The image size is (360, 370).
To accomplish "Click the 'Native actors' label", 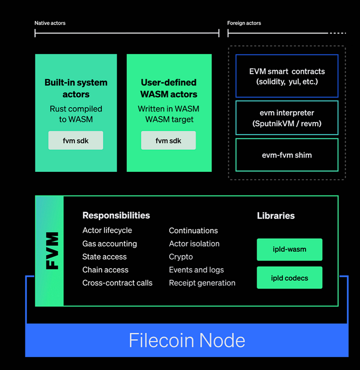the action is (50, 23).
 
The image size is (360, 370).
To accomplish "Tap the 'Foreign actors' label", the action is (244, 23).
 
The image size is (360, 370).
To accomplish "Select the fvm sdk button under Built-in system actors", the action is (76, 140).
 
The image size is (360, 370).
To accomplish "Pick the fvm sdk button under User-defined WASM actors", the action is (168, 140).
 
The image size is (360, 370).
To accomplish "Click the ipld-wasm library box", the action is (290, 250).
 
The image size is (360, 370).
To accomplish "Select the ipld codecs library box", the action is (290, 277).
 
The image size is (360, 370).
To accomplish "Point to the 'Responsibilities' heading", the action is (116, 215).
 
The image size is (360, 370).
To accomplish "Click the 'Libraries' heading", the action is (276, 216).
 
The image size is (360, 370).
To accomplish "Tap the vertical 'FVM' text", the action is (52, 251).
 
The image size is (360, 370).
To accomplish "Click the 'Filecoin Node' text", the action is (187, 340).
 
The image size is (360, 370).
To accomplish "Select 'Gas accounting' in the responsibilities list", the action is (110, 244).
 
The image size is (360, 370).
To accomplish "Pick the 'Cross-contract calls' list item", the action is (117, 283).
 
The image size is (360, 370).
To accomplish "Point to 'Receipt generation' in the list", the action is (202, 283).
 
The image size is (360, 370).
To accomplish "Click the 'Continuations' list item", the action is (193, 231).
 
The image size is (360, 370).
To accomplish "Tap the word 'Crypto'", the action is (181, 257).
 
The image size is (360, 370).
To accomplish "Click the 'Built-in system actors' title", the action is (76, 88).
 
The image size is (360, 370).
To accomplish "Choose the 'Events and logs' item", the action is (196, 270).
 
